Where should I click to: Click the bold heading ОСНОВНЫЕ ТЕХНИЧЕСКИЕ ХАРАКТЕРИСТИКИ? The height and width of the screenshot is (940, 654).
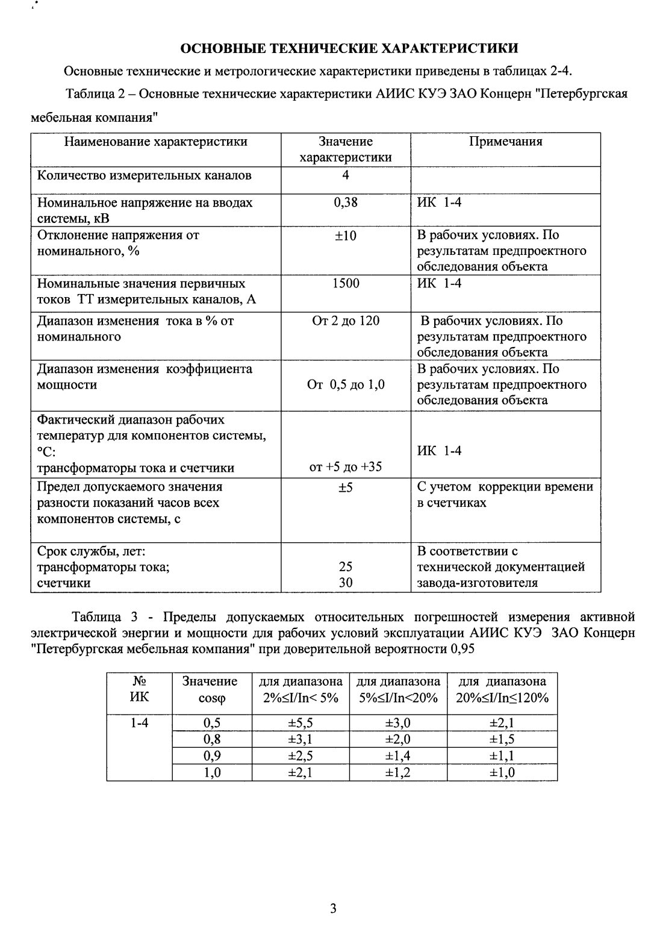349,48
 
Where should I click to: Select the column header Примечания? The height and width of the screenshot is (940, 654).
505,142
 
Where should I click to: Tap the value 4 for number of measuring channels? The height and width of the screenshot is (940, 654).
346,175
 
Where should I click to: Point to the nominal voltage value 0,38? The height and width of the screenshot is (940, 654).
346,202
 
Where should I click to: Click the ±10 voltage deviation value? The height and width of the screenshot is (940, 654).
346,236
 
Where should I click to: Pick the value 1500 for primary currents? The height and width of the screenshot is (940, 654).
346,283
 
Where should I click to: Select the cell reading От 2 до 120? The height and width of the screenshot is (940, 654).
346,321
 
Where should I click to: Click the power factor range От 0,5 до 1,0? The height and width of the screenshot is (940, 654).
346,384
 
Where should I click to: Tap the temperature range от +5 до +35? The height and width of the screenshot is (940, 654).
346,467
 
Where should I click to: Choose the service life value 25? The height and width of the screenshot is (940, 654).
346,566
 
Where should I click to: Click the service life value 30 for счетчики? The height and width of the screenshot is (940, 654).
346,583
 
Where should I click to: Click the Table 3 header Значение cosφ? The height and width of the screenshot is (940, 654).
210,690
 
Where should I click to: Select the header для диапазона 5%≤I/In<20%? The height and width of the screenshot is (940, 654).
398,690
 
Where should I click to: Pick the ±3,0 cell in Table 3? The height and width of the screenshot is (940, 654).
398,723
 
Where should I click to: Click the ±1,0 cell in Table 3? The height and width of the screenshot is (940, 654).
502,772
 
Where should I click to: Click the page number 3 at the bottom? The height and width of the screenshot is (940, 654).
333,909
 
